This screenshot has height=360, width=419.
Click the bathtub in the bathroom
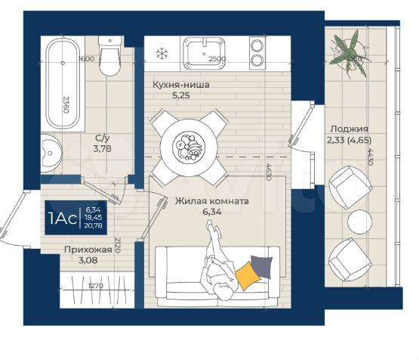point(61,83)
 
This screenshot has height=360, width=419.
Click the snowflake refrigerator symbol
point(160,53)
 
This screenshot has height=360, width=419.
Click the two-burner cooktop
point(258,54)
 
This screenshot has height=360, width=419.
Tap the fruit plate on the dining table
point(186,145)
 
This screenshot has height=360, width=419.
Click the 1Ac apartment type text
point(63,219)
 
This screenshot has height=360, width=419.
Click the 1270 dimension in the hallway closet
point(94,286)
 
